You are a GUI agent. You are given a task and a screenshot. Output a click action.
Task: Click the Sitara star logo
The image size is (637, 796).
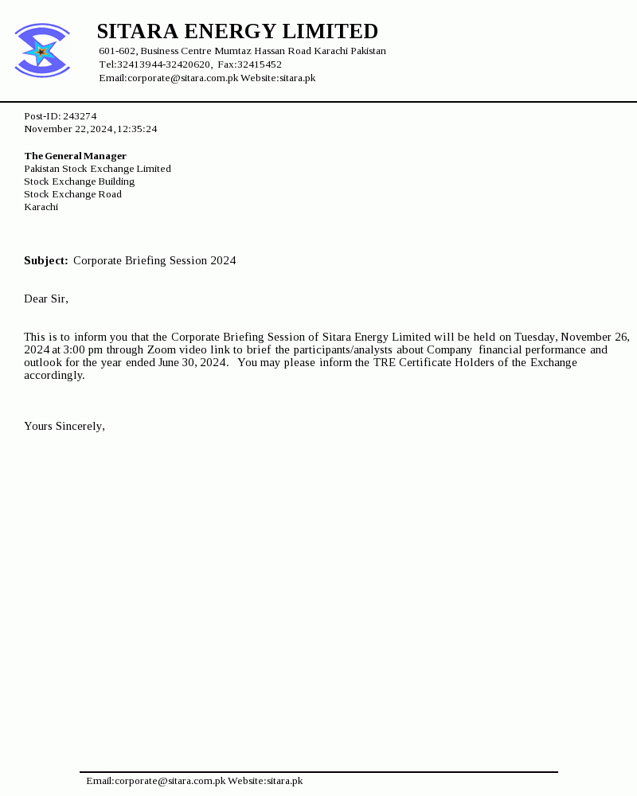[41, 51]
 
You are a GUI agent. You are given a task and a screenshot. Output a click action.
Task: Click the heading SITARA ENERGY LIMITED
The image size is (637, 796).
[237, 32]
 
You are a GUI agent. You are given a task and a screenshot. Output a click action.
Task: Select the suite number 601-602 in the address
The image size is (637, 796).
[117, 51]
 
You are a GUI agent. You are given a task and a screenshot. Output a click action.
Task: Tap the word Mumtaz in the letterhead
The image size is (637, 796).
[233, 51]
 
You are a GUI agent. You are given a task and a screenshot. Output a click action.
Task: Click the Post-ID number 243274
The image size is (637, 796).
[80, 116]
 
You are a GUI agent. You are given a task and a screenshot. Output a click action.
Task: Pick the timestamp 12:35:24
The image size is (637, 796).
[137, 129]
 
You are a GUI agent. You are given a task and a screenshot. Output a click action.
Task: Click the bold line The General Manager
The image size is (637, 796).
[75, 156]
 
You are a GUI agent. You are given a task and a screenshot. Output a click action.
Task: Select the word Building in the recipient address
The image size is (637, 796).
[116, 181]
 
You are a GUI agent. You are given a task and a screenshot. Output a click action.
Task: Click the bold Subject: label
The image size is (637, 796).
[45, 261]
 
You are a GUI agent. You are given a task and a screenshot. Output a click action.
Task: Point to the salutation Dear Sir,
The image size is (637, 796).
[46, 299]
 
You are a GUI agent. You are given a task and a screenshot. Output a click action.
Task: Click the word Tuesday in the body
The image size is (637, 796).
[535, 338]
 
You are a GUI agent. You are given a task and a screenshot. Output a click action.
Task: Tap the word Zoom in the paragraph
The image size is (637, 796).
[162, 350]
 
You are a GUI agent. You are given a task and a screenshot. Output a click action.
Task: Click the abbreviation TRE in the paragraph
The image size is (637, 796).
[385, 363]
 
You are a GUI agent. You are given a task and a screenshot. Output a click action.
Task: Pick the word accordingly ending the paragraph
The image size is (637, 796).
[53, 376]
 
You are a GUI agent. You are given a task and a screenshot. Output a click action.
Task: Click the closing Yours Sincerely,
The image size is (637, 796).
[64, 427]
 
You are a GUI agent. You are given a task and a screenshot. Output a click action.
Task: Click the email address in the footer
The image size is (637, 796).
[156, 781]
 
